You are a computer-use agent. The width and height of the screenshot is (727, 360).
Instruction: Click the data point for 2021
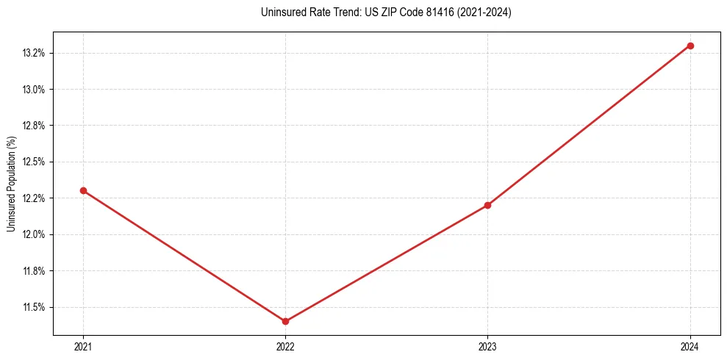[x=83, y=190]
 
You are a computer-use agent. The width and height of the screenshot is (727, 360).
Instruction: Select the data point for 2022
[x=285, y=321]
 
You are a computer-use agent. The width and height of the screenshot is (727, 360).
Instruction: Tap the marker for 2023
[x=487, y=205]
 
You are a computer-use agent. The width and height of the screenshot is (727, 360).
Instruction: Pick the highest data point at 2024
[x=690, y=46]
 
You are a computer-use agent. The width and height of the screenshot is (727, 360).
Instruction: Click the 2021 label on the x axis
[x=83, y=347]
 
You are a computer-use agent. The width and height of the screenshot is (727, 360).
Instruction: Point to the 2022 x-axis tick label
[x=285, y=347]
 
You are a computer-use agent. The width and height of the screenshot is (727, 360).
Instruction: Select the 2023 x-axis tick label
[x=487, y=347]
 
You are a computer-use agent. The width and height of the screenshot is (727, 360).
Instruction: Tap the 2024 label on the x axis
[x=690, y=347]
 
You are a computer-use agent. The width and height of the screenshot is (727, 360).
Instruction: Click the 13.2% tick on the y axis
[x=35, y=53]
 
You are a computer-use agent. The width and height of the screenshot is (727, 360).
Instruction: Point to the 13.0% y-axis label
[x=35, y=90]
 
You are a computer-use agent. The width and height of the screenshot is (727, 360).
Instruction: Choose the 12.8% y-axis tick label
[x=35, y=126]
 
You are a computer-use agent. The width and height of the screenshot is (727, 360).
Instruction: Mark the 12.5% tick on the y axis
[x=35, y=162]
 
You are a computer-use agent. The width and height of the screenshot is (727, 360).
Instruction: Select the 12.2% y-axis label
[x=35, y=198]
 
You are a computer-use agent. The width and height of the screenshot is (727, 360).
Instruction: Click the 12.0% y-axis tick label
[x=35, y=234]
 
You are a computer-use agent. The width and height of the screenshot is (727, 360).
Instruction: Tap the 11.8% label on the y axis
[x=35, y=271]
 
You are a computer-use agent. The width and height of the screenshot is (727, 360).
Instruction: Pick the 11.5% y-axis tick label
[x=35, y=307]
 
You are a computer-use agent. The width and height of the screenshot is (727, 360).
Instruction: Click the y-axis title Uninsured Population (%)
[x=11, y=184]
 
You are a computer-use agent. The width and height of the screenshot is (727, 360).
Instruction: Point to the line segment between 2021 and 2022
[x=184, y=256]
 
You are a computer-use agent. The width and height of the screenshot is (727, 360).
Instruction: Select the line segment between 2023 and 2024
[x=589, y=126]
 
